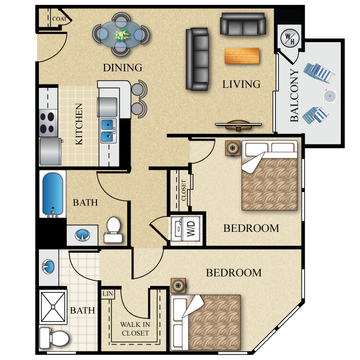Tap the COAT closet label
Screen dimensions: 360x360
(60, 19)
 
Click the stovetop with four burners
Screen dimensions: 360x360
(48, 121)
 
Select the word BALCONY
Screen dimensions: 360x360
(294, 95)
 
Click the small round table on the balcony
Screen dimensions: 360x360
(329, 96)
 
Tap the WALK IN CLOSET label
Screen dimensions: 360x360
(135, 329)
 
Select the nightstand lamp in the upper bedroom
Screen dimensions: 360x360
(233, 148)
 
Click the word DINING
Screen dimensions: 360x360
(122, 68)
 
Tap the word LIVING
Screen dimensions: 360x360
(241, 84)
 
